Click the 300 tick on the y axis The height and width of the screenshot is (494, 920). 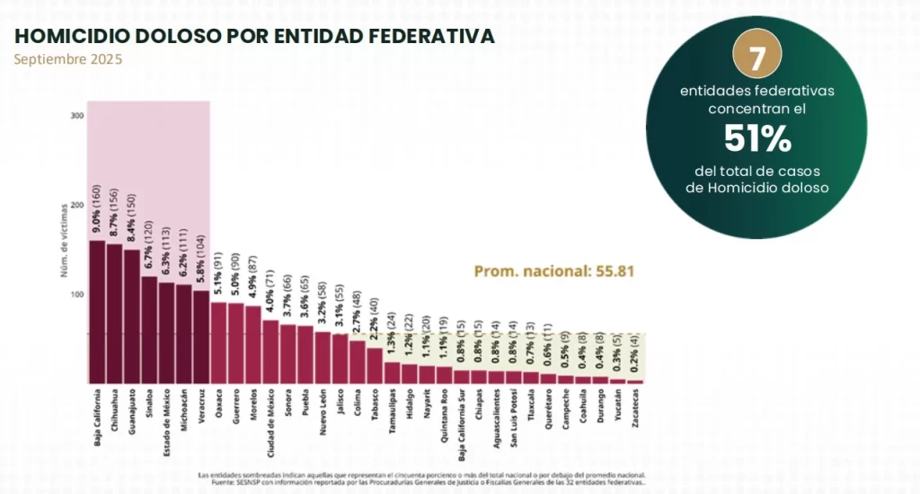point(77,116)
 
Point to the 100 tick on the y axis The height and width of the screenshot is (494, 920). point(77,295)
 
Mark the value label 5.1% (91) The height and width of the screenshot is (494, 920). point(218,275)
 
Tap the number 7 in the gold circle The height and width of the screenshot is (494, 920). point(757,58)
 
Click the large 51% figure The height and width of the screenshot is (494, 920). point(757,138)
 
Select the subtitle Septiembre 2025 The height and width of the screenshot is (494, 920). point(68,59)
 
